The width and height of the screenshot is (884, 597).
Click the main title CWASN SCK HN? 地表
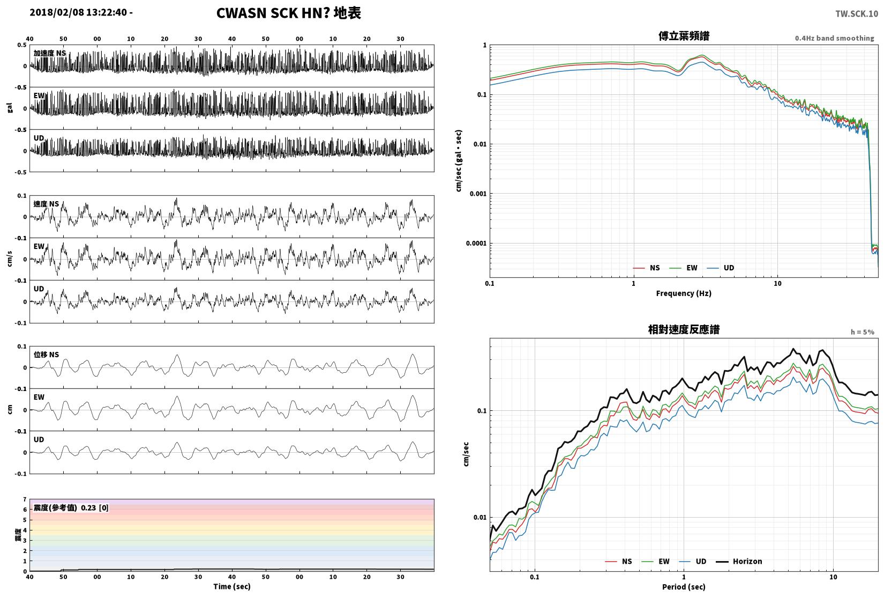click(x=288, y=13)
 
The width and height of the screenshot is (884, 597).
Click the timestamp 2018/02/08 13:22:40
click(x=78, y=12)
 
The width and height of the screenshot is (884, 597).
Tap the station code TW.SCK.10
click(x=857, y=14)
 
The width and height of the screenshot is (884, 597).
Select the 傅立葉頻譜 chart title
click(x=684, y=36)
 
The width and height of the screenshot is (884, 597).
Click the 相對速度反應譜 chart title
click(x=684, y=329)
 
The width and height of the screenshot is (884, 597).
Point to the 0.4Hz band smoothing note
click(x=834, y=38)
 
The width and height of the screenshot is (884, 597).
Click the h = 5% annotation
click(x=862, y=332)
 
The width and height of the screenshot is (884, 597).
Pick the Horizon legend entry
click(x=739, y=562)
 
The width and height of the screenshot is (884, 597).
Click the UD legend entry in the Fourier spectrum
click(x=720, y=268)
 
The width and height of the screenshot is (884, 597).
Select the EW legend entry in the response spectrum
click(x=656, y=562)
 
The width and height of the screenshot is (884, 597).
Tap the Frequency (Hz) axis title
click(x=684, y=293)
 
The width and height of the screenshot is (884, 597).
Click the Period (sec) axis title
click(x=684, y=587)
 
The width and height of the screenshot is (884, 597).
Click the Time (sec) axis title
click(x=232, y=586)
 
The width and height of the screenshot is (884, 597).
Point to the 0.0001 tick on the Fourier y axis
click(x=476, y=243)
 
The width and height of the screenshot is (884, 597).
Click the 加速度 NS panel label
click(x=50, y=53)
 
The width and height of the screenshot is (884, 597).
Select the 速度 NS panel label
click(x=46, y=204)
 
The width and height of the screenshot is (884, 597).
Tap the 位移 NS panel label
click(x=46, y=355)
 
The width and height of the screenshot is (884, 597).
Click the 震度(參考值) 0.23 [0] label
click(x=71, y=508)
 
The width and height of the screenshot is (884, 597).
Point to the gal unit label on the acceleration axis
click(x=10, y=107)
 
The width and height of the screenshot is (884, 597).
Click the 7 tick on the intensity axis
click(x=25, y=499)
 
